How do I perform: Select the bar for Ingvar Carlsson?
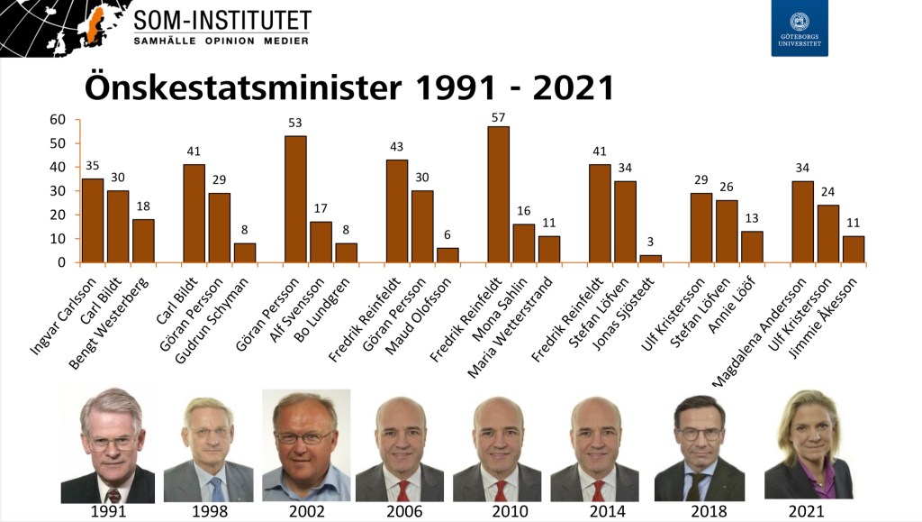93,221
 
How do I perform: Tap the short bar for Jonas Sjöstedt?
651,259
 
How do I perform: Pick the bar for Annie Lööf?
753,247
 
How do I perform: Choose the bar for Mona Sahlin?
524,243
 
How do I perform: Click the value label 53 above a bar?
295,123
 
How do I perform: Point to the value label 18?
143,206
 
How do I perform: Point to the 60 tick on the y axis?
59,120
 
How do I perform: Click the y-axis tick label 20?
59,215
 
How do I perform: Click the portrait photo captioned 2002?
306,444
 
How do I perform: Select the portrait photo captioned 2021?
808,444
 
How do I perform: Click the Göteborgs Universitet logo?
799,29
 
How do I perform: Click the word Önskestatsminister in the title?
242,88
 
